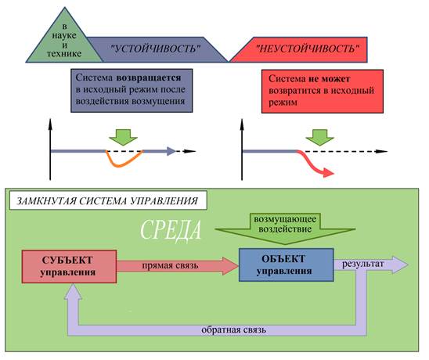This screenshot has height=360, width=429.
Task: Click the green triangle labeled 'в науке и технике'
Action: [65, 41]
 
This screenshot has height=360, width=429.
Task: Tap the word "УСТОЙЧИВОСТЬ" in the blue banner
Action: [155, 49]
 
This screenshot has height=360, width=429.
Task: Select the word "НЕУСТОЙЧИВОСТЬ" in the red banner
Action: [307, 49]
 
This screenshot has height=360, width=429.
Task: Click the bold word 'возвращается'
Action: [149, 77]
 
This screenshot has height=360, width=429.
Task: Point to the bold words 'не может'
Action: [329, 79]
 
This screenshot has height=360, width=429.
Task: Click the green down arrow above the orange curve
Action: [124, 137]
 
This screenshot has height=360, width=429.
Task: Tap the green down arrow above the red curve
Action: [320, 137]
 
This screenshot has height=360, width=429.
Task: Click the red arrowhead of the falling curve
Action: [328, 172]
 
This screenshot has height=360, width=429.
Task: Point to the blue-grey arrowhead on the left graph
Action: [171, 151]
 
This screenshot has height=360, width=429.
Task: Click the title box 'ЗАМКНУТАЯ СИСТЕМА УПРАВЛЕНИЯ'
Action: [108, 200]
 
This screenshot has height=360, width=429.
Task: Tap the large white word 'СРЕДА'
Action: [171, 230]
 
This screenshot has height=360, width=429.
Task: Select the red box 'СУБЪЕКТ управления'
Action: [69, 266]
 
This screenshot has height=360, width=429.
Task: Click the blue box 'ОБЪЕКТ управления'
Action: [287, 265]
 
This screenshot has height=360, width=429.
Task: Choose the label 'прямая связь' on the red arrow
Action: [170, 265]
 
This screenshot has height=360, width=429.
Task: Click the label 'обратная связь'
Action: [233, 330]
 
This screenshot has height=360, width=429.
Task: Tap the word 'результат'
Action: [363, 264]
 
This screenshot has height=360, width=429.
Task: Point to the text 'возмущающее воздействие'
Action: [285, 224]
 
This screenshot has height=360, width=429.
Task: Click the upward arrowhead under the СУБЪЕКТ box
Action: [73, 292]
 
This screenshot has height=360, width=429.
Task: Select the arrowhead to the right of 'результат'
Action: [400, 265]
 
